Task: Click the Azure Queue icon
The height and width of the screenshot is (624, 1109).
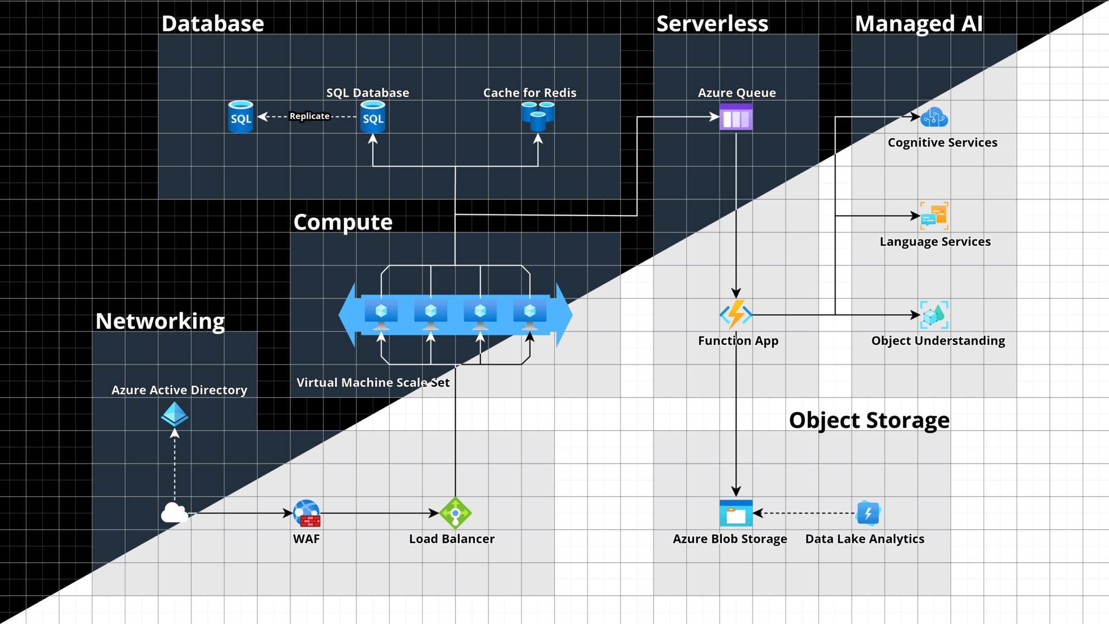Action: (736, 117)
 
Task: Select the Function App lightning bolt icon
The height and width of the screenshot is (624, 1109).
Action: (736, 314)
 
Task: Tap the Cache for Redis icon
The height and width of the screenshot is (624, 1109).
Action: (538, 116)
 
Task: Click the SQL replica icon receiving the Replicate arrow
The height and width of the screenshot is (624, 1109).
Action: (241, 116)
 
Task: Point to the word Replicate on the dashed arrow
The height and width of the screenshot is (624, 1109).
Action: (309, 116)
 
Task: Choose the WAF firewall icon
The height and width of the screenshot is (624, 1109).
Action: (306, 513)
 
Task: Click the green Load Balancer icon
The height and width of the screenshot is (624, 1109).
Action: (455, 513)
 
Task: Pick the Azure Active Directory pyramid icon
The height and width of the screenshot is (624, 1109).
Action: (174, 414)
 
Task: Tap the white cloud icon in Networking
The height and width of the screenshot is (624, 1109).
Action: (174, 512)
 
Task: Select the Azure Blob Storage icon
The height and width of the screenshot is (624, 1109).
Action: (736, 513)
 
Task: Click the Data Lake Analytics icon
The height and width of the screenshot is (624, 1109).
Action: (868, 513)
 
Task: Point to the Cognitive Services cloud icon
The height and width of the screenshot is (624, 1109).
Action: (934, 117)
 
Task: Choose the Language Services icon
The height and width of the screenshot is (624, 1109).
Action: (934, 216)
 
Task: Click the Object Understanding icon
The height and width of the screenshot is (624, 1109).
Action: (934, 315)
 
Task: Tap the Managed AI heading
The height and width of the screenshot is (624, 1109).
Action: (918, 24)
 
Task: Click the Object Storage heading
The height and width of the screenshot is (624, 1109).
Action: (869, 420)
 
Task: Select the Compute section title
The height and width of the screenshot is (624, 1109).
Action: (343, 222)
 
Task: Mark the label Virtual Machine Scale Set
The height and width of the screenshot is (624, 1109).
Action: (373, 382)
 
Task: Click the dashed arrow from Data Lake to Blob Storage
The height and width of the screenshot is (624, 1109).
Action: (807, 513)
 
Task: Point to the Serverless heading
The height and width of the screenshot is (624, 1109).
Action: (712, 24)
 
